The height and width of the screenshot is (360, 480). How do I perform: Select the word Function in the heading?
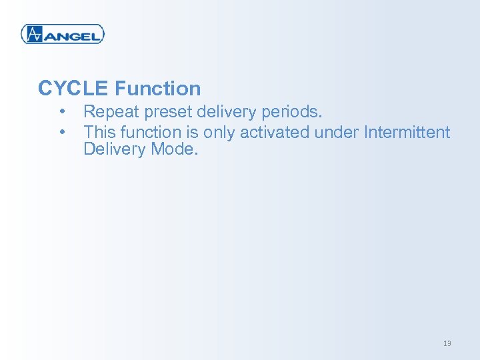[157, 88]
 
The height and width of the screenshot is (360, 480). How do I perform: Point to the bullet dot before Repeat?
[63, 111]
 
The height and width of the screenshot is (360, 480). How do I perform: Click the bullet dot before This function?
[63, 131]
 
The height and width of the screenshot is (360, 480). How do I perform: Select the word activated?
[275, 132]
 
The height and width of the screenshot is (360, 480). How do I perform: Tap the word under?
[337, 132]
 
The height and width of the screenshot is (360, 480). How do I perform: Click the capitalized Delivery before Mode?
[115, 149]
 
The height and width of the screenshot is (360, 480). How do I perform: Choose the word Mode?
[175, 149]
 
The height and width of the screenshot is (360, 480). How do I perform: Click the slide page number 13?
[447, 343]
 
